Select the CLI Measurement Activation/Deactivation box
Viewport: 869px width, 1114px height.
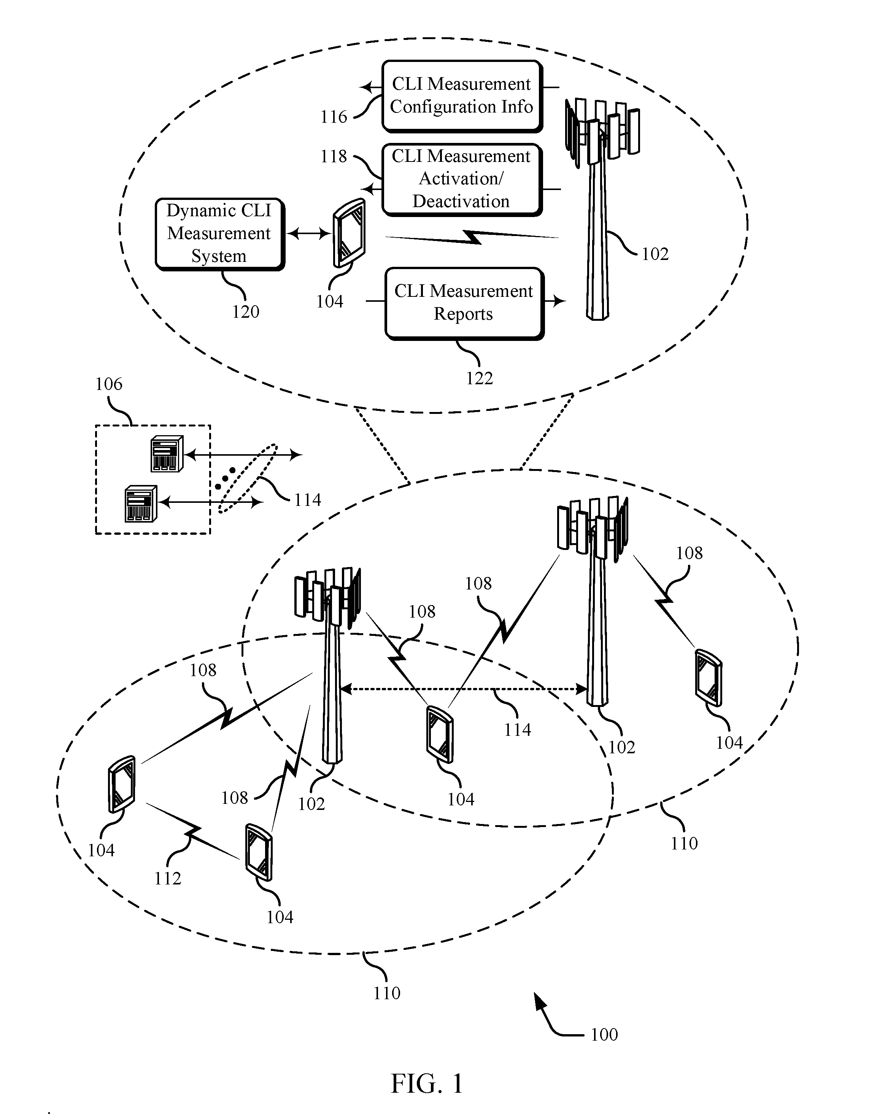coord(462,179)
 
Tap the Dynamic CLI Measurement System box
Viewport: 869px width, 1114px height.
coord(219,234)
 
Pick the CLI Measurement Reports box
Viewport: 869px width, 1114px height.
coord(464,303)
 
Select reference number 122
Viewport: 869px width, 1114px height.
coord(479,378)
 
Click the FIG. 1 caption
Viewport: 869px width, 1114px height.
coord(427,1083)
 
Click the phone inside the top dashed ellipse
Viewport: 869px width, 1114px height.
coord(350,233)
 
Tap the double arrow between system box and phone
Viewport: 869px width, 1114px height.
coord(309,234)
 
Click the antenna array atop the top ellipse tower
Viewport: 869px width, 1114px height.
coord(602,132)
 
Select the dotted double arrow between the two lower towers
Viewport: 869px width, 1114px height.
coord(463,689)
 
